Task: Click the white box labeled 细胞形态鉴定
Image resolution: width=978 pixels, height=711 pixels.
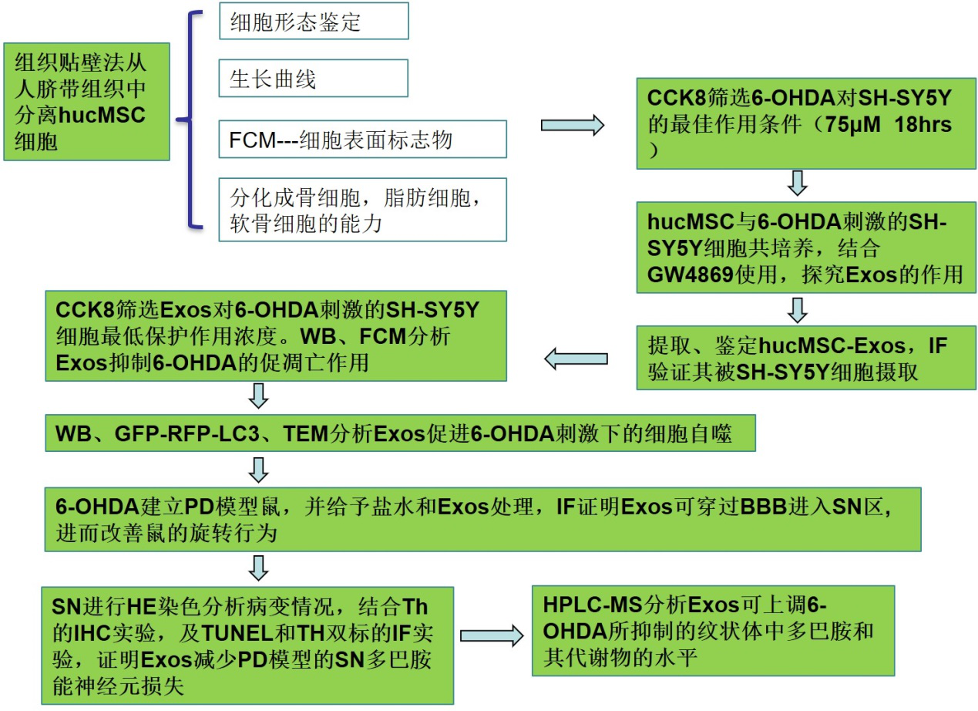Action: (313, 22)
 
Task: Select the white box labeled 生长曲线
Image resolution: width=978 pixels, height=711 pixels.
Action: (313, 79)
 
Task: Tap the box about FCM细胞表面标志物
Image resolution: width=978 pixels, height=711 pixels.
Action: (362, 140)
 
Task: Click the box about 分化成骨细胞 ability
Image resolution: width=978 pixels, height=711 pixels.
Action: (362, 209)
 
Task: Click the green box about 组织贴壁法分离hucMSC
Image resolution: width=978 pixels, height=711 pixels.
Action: (86, 101)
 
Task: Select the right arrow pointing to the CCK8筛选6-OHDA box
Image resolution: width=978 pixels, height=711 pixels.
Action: (573, 124)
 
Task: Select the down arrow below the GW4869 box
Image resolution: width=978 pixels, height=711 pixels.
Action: (798, 309)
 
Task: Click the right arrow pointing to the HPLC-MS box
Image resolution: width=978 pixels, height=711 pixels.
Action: (492, 635)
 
